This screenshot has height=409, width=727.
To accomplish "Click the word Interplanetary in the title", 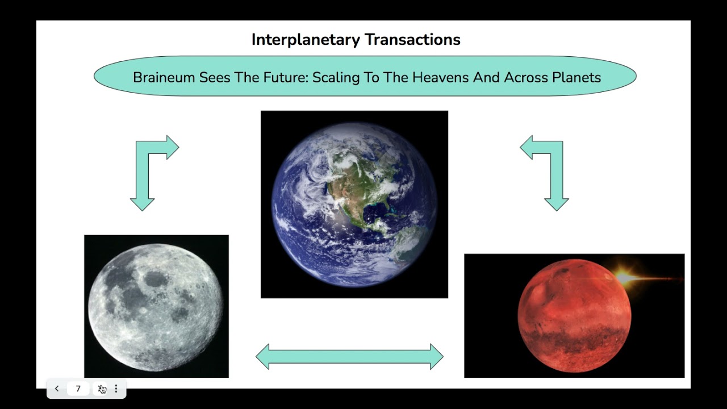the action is click(x=306, y=40).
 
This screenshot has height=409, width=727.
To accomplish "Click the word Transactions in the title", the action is click(x=412, y=40).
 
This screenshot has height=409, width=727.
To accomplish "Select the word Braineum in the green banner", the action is click(x=164, y=78).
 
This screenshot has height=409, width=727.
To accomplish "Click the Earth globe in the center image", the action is click(x=354, y=204).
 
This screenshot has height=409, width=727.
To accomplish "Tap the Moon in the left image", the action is click(x=156, y=307).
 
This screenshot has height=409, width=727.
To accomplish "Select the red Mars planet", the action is click(x=574, y=315).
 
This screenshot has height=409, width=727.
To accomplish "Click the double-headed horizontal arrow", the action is click(x=349, y=357).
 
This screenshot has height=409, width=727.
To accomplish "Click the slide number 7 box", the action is click(x=78, y=389).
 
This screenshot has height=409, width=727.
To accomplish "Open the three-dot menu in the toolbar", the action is click(x=116, y=389).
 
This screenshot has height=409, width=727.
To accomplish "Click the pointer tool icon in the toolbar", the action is click(x=102, y=389).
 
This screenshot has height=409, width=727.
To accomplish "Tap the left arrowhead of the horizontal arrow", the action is click(x=263, y=357).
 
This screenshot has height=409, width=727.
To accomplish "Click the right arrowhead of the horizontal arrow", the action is click(x=437, y=357).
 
